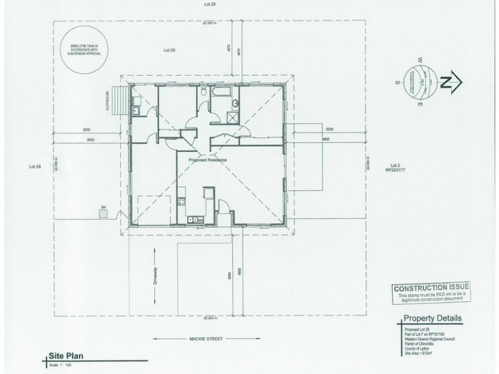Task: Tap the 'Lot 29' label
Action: (168, 49)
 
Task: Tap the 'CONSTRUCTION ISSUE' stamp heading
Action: (431, 288)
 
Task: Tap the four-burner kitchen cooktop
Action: (182, 201)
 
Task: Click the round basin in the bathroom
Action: (235, 103)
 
